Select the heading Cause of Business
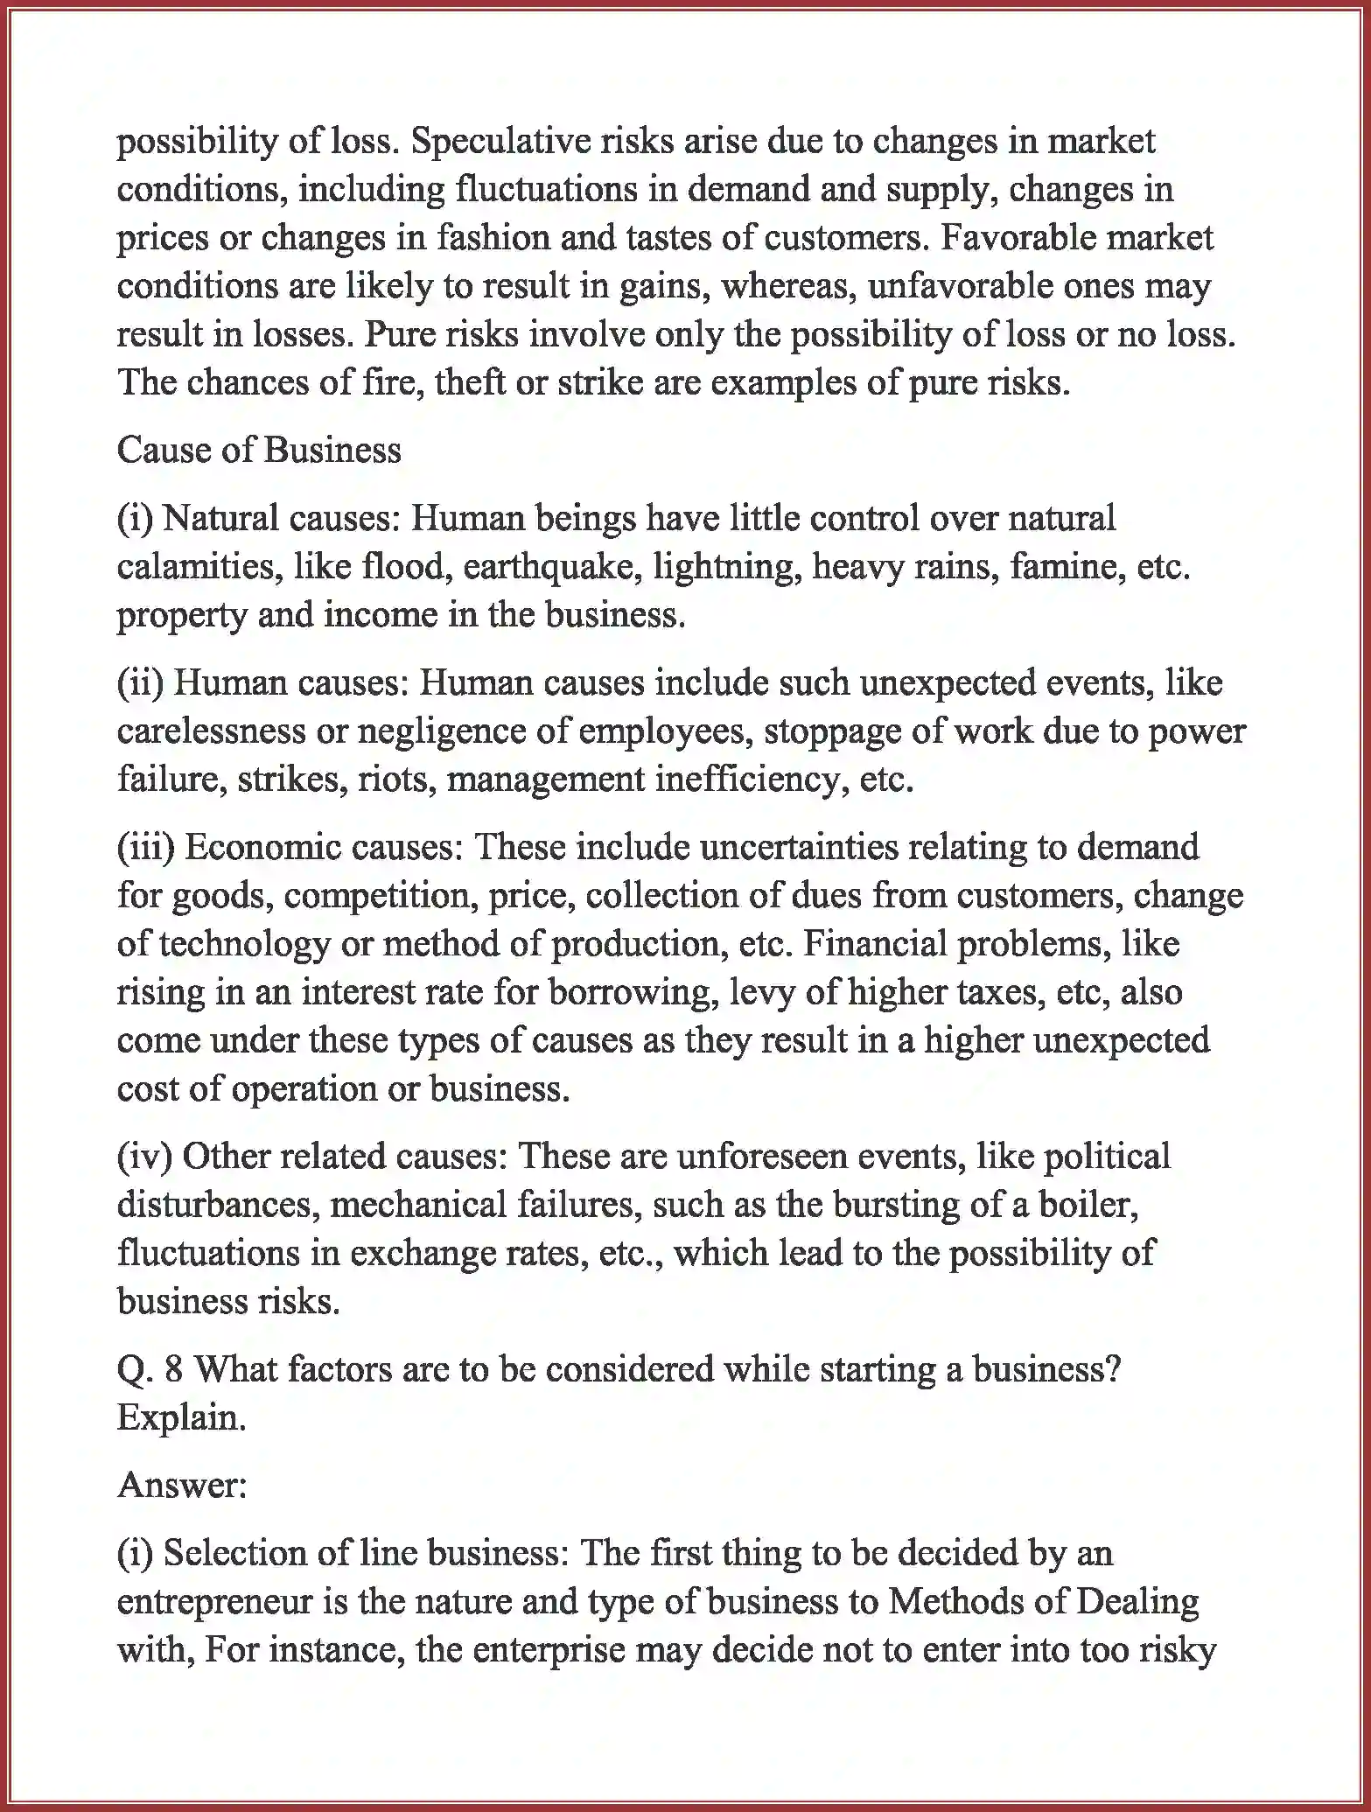[x=259, y=451]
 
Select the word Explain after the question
[x=181, y=1417]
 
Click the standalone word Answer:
[x=182, y=1486]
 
